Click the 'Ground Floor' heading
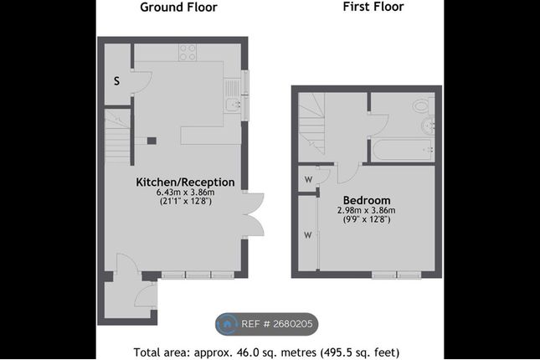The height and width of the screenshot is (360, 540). point(178,8)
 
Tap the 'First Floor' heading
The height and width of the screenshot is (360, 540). point(373,7)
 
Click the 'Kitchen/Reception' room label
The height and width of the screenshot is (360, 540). point(185,182)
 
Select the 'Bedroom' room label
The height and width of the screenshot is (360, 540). point(367,200)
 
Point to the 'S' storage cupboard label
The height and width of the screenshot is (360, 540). point(116,81)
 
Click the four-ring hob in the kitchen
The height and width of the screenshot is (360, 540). point(188,53)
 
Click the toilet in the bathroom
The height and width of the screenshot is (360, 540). point(424,105)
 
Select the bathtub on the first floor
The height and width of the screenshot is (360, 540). point(403,150)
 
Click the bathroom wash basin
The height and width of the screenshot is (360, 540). point(428,126)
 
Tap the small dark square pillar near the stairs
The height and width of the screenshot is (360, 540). point(152,141)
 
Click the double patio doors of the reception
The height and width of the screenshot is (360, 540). point(253,214)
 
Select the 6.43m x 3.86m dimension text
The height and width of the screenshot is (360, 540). point(185,193)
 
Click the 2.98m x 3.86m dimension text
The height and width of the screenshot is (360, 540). point(366,210)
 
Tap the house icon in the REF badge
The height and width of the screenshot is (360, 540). point(227,324)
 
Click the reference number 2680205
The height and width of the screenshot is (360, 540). point(293,324)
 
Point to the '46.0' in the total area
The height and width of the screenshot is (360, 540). point(246,352)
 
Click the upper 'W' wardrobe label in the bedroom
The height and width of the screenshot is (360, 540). point(308,179)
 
